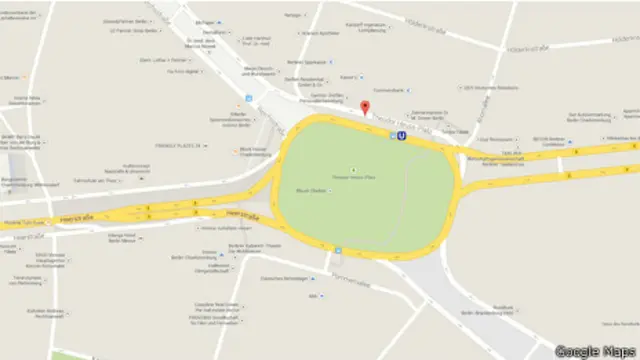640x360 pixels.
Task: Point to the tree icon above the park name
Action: coord(352,169)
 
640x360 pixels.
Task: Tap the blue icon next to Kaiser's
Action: coord(361,78)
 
